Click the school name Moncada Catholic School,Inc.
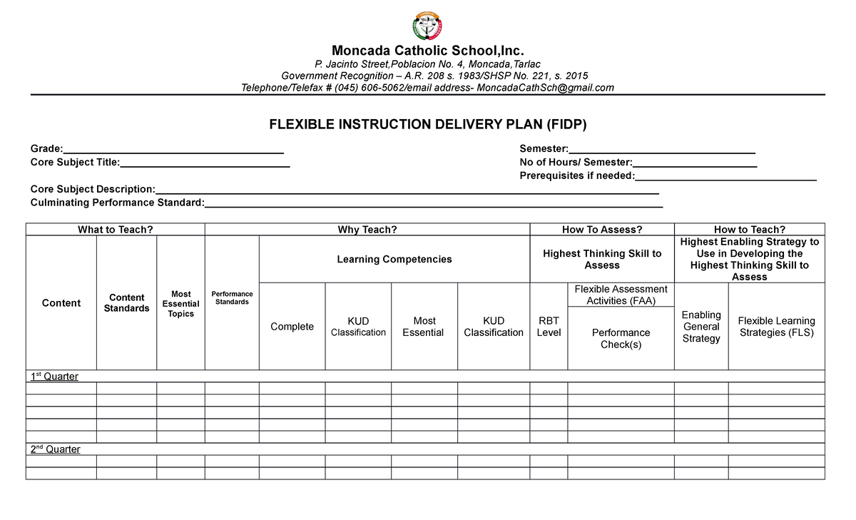coord(427,51)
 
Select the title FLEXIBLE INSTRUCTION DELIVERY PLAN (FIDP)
coord(427,125)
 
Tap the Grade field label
coord(46,148)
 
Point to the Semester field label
coord(544,148)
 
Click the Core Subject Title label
coord(75,162)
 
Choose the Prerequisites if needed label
coord(577,175)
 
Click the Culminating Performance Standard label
coord(117,203)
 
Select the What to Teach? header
coord(116,229)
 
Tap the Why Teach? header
coord(367,229)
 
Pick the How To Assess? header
coord(602,229)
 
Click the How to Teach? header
coord(749,229)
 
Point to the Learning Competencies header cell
coord(394,259)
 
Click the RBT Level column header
coord(549,327)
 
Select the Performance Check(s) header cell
coord(621,338)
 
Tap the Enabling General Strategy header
coord(701,327)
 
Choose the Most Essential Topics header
coord(180,304)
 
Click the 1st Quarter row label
coord(54,376)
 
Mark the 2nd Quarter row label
coord(55,449)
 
